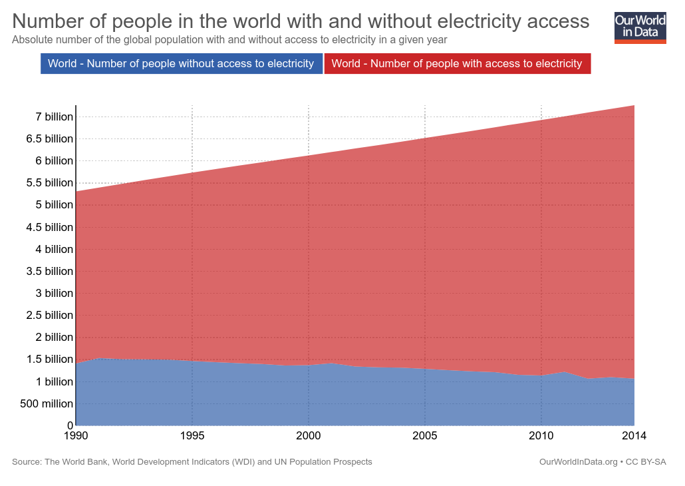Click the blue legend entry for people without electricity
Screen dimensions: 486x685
182,64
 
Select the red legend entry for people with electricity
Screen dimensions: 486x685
457,64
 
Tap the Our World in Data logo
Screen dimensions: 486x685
640,27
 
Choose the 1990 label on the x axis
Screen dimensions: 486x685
76,436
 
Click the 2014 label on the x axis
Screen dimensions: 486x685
634,436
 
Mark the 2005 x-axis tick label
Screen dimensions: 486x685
425,436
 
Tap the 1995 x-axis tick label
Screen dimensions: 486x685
192,436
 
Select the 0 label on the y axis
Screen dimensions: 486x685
69,425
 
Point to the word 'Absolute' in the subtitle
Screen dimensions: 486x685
31,40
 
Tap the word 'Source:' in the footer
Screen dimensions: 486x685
27,462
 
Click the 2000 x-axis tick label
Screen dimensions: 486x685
309,436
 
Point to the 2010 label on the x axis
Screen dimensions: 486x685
541,436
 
